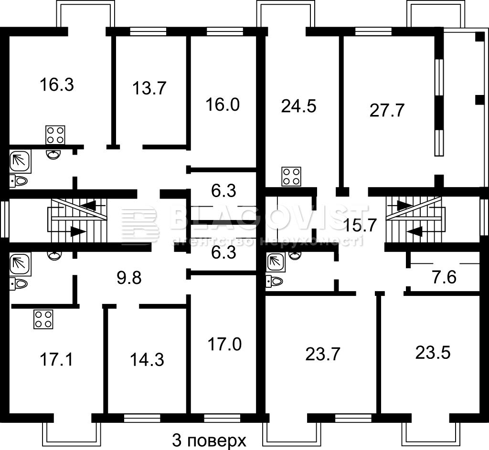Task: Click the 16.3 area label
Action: point(57,85)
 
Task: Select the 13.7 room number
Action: point(149,88)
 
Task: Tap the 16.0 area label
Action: point(223,105)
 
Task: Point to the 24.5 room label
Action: point(299,106)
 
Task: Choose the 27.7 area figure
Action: point(387,110)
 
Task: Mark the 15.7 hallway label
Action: point(360,225)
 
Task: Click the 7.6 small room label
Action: point(445,277)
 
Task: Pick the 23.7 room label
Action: point(322,355)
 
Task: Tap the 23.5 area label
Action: point(433,353)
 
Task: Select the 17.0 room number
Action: point(224,345)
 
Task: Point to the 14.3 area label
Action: point(147,360)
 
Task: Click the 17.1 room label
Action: point(56,360)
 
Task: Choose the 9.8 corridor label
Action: point(129,278)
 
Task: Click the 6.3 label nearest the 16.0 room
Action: point(223,191)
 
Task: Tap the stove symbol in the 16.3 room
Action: point(55,135)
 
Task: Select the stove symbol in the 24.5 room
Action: point(291,177)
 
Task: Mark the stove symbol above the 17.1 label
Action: point(43,319)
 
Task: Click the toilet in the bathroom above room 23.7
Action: point(275,281)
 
